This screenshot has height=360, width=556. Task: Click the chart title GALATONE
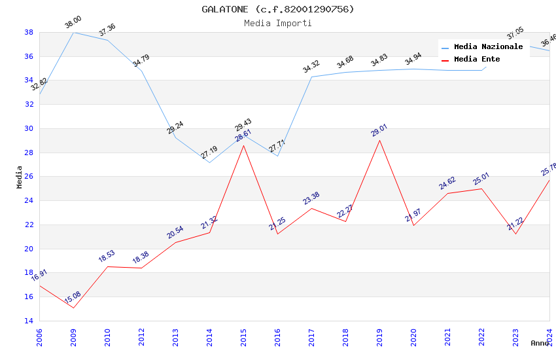(x=277, y=9)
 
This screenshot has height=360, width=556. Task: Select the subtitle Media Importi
(x=277, y=23)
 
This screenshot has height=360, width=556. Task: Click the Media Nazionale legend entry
(x=488, y=46)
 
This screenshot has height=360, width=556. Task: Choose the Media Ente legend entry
(x=477, y=59)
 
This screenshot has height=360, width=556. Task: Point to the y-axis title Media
(x=19, y=176)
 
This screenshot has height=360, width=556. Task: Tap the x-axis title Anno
(x=540, y=343)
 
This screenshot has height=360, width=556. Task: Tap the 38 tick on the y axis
(x=29, y=32)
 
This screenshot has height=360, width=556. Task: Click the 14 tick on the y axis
(x=29, y=321)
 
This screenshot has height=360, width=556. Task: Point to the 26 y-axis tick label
(x=29, y=177)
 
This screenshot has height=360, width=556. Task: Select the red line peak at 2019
(x=379, y=140)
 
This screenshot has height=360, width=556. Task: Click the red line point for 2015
(x=243, y=145)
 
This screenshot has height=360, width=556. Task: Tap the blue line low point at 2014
(x=209, y=162)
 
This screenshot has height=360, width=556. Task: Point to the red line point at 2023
(x=515, y=234)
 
